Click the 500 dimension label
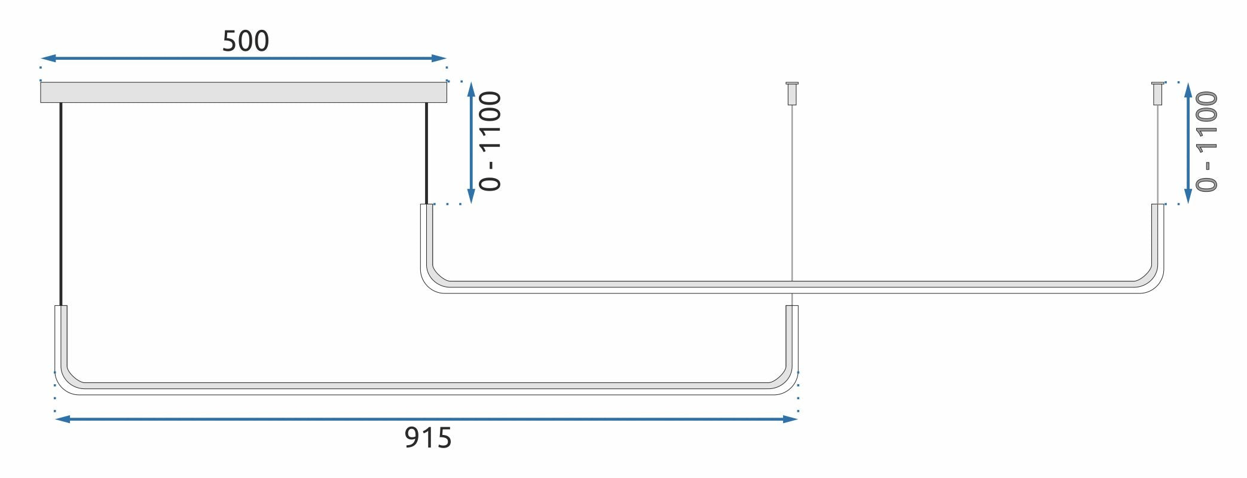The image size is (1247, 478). (245, 41)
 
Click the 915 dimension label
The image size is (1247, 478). (428, 438)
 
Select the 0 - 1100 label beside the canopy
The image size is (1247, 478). (491, 141)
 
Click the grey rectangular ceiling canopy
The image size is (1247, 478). (243, 93)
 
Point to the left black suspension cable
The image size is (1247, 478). (61, 203)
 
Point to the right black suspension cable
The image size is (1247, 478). (426, 152)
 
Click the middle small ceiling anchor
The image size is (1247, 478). (792, 93)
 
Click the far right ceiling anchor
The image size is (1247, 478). (1158, 93)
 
